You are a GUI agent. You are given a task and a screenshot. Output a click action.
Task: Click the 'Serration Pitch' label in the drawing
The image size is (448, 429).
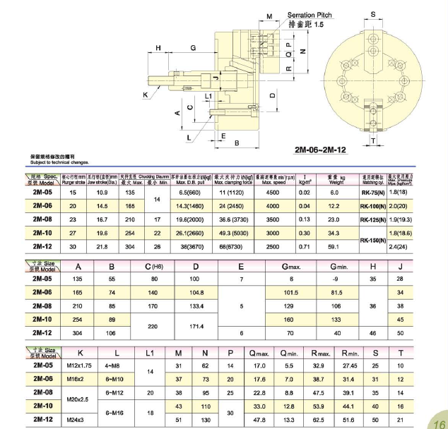310,15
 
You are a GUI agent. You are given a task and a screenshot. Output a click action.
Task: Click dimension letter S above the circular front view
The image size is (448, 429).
372,14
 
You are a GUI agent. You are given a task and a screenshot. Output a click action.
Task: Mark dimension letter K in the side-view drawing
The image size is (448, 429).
145,94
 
